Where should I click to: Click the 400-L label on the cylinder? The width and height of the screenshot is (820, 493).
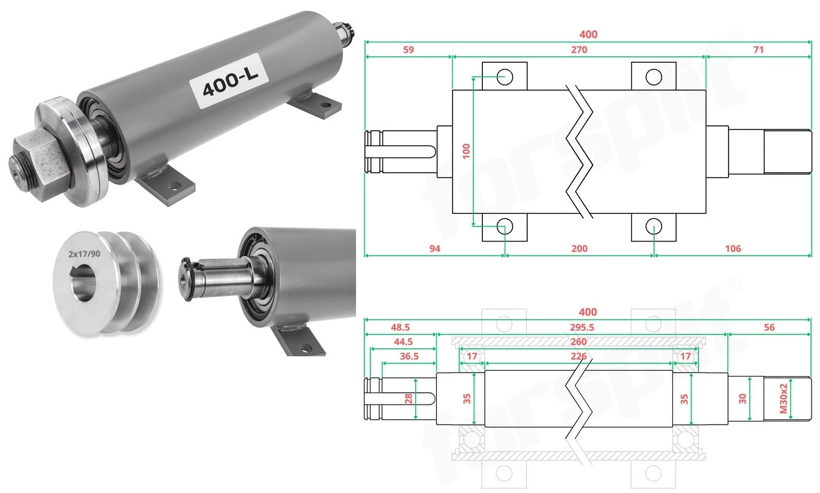(229, 81)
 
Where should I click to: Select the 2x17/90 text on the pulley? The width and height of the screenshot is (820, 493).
(84, 254)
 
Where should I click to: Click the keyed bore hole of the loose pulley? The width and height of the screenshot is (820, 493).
(83, 283)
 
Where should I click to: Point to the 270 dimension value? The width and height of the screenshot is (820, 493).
(579, 50)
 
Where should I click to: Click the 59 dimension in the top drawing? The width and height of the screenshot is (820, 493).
(408, 50)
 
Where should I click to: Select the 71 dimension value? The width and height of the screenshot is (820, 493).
(758, 50)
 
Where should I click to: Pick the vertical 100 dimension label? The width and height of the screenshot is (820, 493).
(466, 151)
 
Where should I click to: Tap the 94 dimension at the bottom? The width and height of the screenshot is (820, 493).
(435, 248)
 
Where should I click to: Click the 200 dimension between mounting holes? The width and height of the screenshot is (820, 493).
(579, 248)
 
